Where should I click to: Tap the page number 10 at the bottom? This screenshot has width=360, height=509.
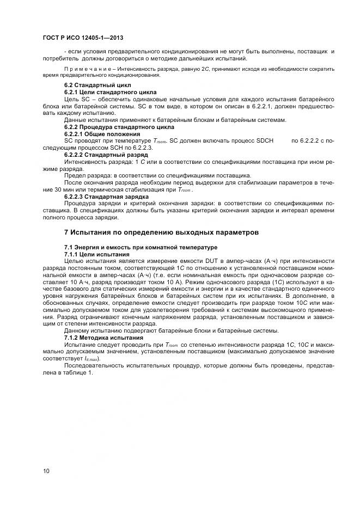[46, 471]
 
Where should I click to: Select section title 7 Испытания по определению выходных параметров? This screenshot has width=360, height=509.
[161, 232]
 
